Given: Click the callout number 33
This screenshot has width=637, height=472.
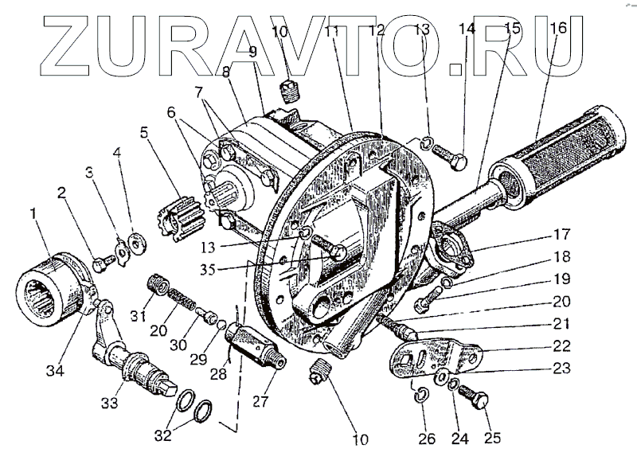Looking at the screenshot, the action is (x=109, y=403).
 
